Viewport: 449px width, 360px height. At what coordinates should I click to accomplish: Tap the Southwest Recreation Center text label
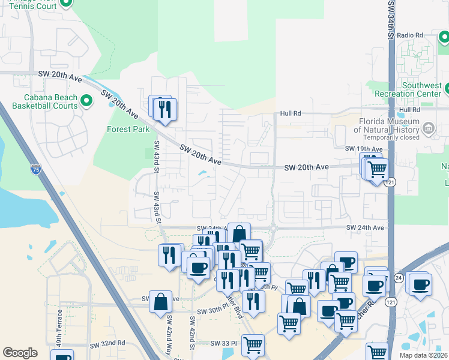413,89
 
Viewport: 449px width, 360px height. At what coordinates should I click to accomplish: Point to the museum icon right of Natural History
429,128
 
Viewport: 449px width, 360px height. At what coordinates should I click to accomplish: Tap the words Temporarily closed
387,137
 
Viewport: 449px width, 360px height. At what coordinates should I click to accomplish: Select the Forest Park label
128,129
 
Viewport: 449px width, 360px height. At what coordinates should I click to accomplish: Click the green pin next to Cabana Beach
86,101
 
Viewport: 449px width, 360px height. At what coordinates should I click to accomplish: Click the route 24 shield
399,278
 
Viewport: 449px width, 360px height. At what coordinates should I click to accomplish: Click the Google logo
20,353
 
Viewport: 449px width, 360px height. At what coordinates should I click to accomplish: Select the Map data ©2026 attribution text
423,355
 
